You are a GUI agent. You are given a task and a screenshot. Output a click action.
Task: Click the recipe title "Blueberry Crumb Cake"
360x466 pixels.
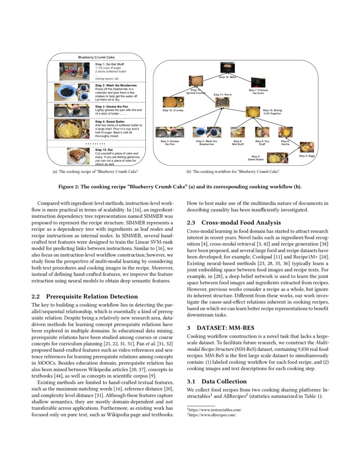coord(96,57)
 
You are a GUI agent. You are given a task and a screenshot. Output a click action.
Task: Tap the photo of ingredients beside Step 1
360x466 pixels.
coord(74,71)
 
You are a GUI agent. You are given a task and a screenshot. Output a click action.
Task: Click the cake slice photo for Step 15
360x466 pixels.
coord(78,155)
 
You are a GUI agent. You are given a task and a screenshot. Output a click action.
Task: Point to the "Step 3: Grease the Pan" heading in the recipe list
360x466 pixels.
coord(111,106)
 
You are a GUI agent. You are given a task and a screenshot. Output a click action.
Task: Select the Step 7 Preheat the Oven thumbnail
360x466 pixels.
coord(258,83)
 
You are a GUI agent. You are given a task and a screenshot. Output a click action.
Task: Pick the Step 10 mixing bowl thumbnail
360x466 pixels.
coord(254,111)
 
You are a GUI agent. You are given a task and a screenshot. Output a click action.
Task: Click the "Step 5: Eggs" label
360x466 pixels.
coord(307,156)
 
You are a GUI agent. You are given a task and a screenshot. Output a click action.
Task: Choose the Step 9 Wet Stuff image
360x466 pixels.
coord(237,132)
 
